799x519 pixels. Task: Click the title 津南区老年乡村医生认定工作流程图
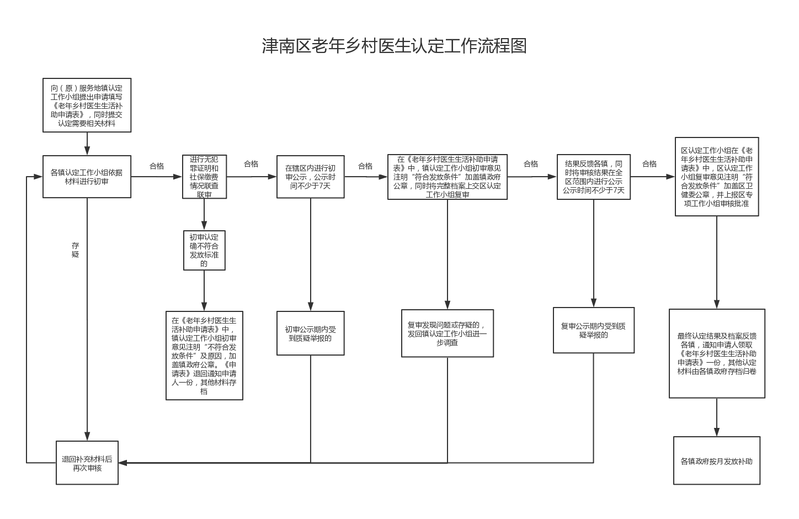point(394,46)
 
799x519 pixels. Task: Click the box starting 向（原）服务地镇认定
point(87,105)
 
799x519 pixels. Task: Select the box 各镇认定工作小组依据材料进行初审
point(87,177)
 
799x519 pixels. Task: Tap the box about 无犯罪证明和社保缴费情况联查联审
point(204,177)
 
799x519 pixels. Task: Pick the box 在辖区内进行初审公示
point(310,177)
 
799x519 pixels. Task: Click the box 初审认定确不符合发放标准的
point(204,250)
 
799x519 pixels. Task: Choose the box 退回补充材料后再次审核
point(87,463)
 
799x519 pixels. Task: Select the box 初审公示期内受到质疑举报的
point(310,333)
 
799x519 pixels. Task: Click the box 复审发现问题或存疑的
point(447,333)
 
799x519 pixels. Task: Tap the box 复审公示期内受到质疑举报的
point(594,330)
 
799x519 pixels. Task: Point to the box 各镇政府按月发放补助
point(716,460)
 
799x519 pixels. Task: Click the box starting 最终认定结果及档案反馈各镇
point(717,353)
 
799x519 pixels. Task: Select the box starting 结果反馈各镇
point(594,177)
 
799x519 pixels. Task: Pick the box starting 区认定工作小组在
point(717,177)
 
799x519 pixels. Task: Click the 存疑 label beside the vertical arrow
point(76,250)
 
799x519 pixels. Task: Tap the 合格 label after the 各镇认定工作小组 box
point(157,166)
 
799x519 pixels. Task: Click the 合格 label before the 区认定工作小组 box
point(649,164)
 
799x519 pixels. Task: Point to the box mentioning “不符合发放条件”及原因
point(204,356)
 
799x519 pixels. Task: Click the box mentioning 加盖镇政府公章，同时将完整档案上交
point(447,177)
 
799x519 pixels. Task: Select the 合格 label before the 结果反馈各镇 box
point(531,164)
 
